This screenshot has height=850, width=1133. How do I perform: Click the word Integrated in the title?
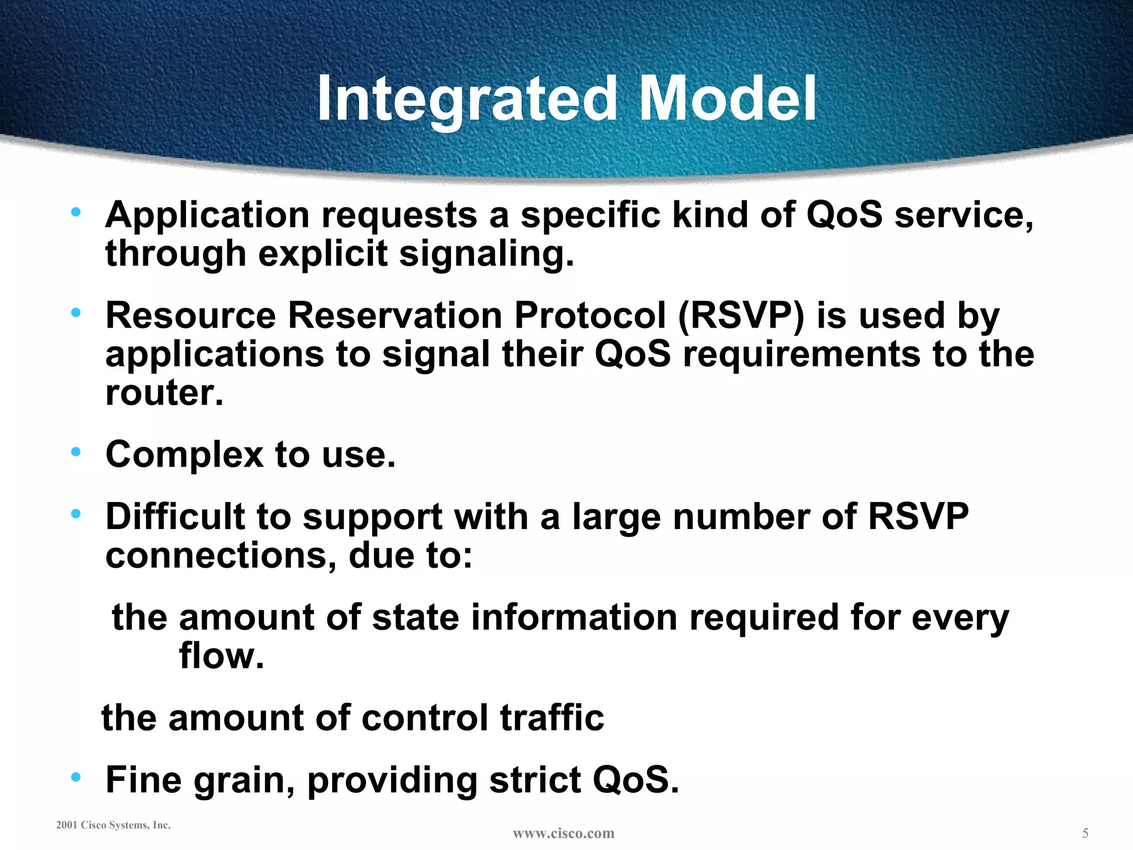[466, 100]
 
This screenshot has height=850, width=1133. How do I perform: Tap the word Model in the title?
[727, 100]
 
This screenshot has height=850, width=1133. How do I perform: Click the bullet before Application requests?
[76, 212]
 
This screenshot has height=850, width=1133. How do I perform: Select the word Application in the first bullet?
[207, 216]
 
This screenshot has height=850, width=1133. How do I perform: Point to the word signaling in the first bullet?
[486, 255]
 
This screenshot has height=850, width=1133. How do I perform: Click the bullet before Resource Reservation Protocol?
[76, 313]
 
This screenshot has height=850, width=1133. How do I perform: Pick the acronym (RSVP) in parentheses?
[741, 317]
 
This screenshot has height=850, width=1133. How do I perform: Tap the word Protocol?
[590, 317]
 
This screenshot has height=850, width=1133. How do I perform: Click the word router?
[164, 393]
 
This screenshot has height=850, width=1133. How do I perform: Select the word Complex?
[184, 455]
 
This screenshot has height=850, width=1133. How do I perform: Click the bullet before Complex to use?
[76, 452]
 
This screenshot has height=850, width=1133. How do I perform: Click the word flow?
[221, 657]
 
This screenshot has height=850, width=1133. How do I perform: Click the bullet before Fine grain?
[76, 778]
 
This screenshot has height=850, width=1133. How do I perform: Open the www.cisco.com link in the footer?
[563, 833]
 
